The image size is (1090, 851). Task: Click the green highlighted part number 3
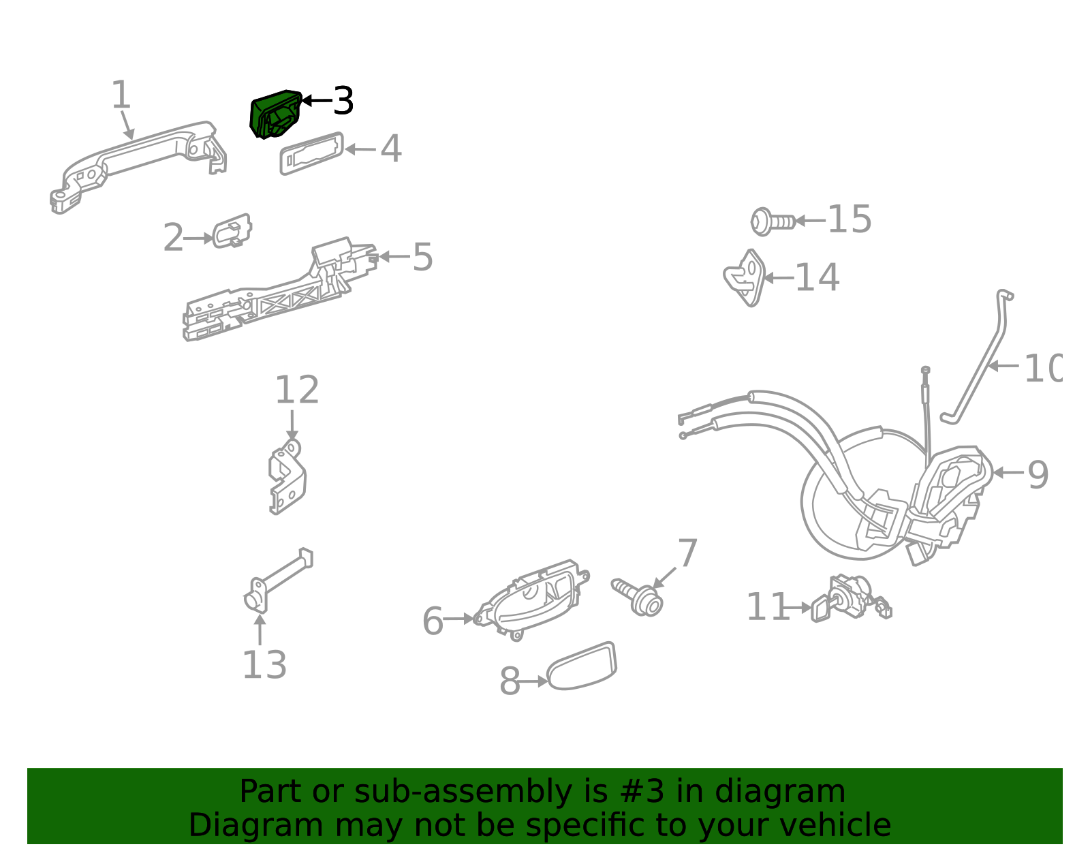click(x=275, y=114)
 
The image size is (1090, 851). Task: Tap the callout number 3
click(x=343, y=102)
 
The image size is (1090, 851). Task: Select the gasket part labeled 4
click(x=311, y=154)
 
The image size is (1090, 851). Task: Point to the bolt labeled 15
click(x=772, y=221)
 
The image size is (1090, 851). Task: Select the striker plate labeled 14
click(x=745, y=278)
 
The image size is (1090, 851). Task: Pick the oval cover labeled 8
click(x=582, y=666)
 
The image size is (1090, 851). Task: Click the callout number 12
click(x=296, y=390)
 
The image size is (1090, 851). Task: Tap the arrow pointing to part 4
click(x=360, y=149)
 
